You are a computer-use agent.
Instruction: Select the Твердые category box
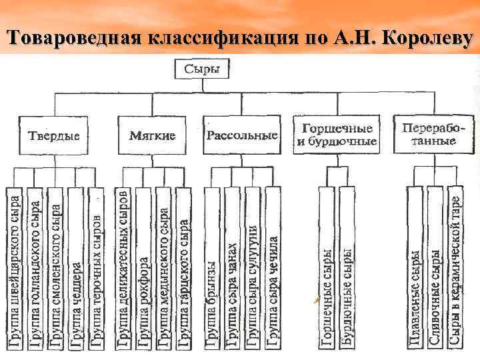(53, 135)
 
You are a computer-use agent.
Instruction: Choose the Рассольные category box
(242, 135)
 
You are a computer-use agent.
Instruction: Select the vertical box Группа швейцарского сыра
(15, 267)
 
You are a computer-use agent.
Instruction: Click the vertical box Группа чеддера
(76, 267)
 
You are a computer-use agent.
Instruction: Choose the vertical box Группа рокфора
(143, 267)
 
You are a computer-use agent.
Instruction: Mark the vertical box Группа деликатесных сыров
(123, 267)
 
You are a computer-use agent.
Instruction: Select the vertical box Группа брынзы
(211, 267)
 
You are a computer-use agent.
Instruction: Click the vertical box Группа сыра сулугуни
(252, 267)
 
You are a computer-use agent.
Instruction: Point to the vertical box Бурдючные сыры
(347, 267)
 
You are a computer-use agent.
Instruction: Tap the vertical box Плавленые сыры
(415, 267)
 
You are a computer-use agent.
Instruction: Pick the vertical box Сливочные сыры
(435, 267)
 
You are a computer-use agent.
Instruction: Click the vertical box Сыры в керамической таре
(455, 267)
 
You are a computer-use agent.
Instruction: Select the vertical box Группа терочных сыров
(97, 267)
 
